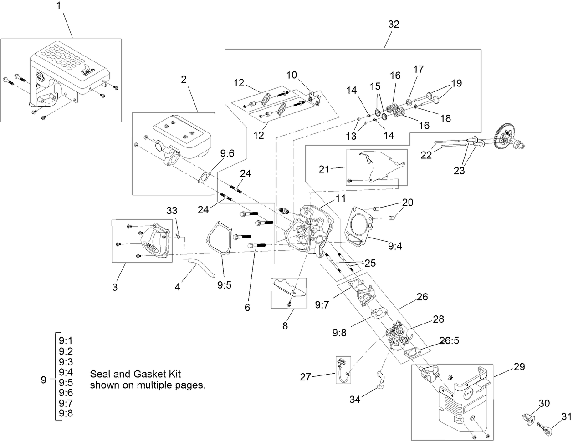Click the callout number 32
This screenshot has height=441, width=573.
(x=394, y=25)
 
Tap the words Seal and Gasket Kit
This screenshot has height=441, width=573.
(x=136, y=374)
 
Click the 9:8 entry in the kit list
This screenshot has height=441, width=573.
(x=66, y=413)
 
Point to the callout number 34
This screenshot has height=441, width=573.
(x=355, y=399)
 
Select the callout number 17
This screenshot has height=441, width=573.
(x=419, y=69)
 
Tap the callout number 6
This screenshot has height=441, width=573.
(x=247, y=307)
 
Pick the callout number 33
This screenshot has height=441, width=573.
(x=172, y=211)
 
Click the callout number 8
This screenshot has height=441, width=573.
(x=285, y=325)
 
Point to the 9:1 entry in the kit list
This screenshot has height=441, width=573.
(x=66, y=340)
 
